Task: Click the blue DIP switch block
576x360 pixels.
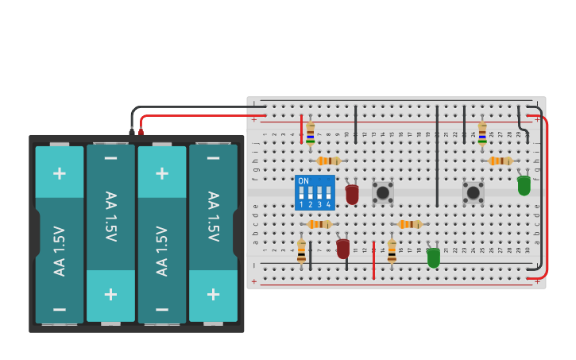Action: pyautogui.click(x=315, y=192)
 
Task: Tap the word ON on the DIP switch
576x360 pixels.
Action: pyautogui.click(x=303, y=181)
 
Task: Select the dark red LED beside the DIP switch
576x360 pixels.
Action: pyautogui.click(x=352, y=194)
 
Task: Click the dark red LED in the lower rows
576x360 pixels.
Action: pyautogui.click(x=343, y=248)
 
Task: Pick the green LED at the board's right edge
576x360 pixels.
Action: pyautogui.click(x=524, y=185)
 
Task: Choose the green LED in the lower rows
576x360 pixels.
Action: pyautogui.click(x=433, y=257)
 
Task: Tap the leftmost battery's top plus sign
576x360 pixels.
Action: pyautogui.click(x=60, y=172)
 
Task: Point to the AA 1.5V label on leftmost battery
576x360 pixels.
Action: pyautogui.click(x=60, y=250)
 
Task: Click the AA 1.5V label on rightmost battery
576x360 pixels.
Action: pyautogui.click(x=213, y=216)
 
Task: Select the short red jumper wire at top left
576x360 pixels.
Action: pyautogui.click(x=301, y=129)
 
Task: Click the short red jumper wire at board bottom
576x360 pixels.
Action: pyautogui.click(x=373, y=260)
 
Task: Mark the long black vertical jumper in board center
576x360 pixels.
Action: pyautogui.click(x=437, y=155)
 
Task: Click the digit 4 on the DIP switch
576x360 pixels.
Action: pyautogui.click(x=327, y=205)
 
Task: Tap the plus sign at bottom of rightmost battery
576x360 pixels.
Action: pyautogui.click(x=213, y=294)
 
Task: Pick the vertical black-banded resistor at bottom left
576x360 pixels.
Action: pyautogui.click(x=301, y=250)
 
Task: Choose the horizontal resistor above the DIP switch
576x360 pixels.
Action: pyautogui.click(x=328, y=161)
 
